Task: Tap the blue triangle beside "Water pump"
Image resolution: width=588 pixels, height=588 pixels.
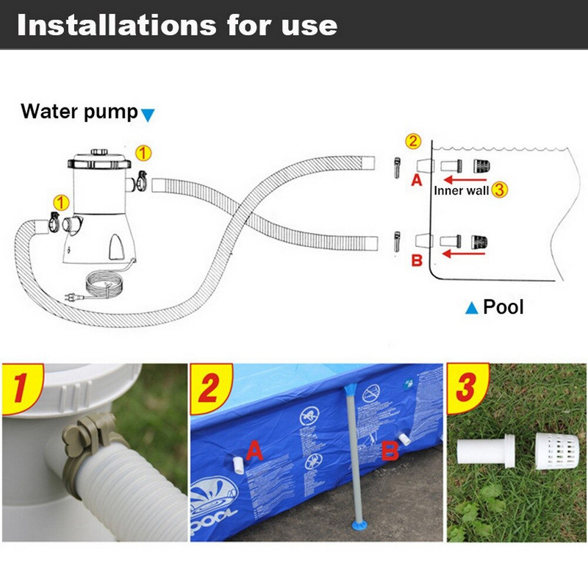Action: pos(148,115)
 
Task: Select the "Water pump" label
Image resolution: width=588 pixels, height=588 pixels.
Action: pos(79,112)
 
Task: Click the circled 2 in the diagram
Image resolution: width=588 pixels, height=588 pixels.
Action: pos(413,141)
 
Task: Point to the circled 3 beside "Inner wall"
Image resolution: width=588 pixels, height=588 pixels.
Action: pos(500,190)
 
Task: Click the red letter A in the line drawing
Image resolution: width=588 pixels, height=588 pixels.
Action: pos(416,180)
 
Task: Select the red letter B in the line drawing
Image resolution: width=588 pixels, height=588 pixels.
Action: pos(417,259)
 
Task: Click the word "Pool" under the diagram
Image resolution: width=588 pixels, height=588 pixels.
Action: pos(503,306)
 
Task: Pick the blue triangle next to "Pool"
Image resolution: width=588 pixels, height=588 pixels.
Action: pos(472,307)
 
